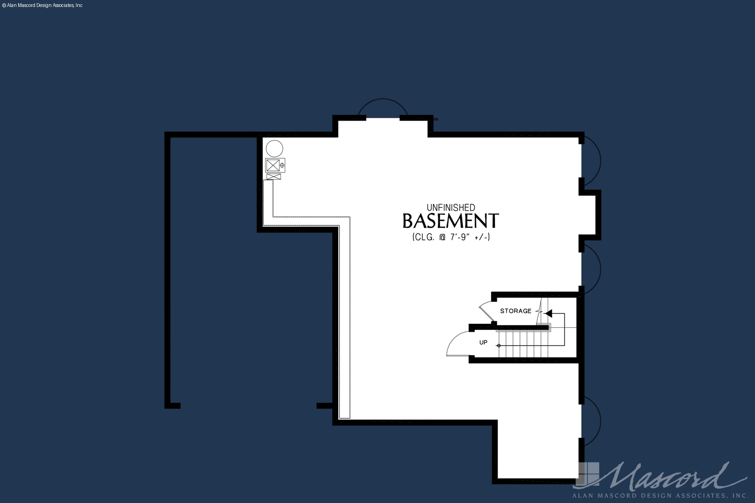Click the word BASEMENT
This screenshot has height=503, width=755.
click(451, 221)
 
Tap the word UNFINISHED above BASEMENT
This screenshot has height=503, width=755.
click(451, 208)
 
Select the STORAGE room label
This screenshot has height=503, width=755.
click(516, 311)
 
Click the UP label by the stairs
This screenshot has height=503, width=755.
click(483, 342)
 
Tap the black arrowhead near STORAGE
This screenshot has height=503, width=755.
click(549, 313)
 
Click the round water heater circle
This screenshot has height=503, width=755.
click(275, 149)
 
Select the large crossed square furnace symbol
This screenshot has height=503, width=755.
click(273, 165)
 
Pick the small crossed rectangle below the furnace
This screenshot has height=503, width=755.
click(274, 177)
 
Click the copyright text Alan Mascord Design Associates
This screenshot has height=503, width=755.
click(42, 6)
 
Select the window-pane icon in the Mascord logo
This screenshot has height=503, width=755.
click(589, 474)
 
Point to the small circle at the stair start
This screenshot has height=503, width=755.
click(499, 346)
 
